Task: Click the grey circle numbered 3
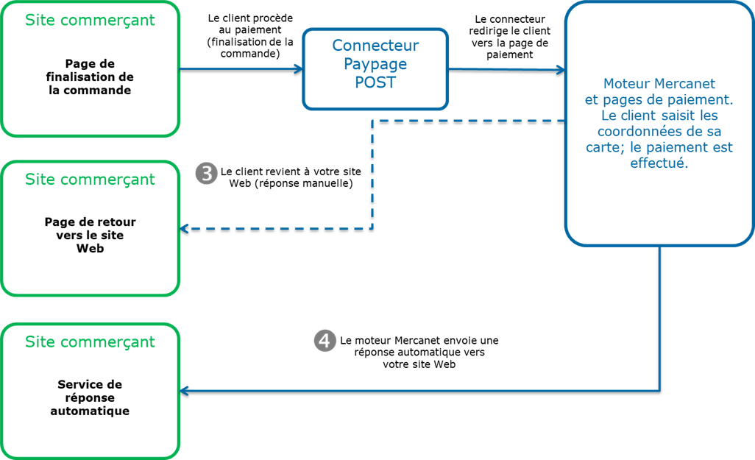coord(207,174)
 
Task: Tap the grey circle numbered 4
coord(325,340)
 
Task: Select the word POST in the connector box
coord(375,83)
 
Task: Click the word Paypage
coord(375,64)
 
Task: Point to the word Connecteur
coord(375,46)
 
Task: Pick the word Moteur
coord(626,83)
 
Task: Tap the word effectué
coord(659,164)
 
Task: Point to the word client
coord(632,116)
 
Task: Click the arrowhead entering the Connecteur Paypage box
coord(299,69)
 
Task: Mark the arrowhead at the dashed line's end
coord(185,229)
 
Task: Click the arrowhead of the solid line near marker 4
coord(185,391)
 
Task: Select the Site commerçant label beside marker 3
coord(90,180)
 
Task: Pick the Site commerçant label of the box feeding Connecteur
coord(90,20)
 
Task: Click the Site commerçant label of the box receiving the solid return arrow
coord(90,342)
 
